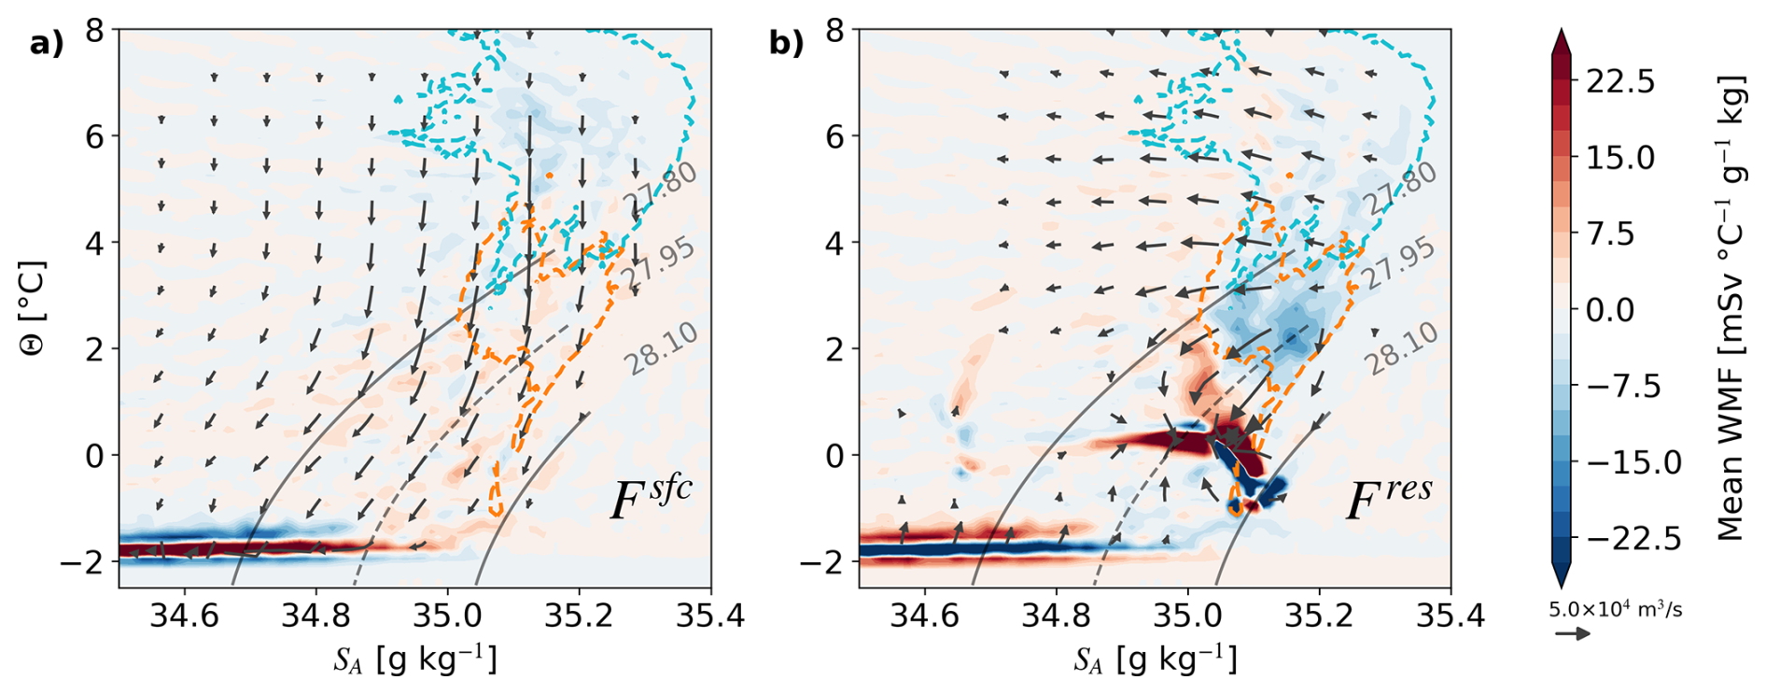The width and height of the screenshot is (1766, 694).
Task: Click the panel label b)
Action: (x=786, y=43)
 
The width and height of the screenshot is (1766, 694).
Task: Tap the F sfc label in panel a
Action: (x=652, y=498)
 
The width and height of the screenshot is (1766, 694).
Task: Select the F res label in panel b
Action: (x=1389, y=498)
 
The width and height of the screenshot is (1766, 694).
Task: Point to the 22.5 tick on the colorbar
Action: (x=1620, y=81)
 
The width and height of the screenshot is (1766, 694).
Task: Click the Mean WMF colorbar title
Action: (x=1730, y=308)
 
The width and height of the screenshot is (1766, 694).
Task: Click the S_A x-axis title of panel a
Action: (x=415, y=659)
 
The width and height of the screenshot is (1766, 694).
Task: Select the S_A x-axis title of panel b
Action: (x=1156, y=659)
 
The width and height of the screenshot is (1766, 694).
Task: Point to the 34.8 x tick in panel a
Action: (x=316, y=616)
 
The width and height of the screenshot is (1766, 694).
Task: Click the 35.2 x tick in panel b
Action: (x=1318, y=616)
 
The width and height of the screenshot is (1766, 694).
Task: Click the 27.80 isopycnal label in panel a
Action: (x=666, y=190)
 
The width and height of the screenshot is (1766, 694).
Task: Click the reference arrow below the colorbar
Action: (x=1572, y=633)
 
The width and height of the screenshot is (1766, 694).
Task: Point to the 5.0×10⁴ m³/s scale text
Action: (x=1616, y=610)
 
